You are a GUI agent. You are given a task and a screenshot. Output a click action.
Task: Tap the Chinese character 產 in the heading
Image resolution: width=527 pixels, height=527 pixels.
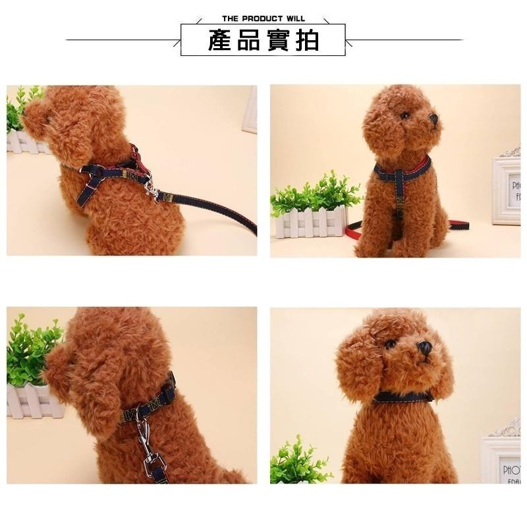[219, 40]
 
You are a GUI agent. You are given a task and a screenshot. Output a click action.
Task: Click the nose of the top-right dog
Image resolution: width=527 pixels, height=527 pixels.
[433, 119]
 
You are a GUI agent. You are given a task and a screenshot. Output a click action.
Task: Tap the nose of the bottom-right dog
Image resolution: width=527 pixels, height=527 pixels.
[425, 347]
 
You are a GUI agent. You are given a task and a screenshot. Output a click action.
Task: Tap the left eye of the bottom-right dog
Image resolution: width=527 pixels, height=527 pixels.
[391, 344]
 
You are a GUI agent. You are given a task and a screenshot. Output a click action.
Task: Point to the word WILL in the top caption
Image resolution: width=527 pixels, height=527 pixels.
[294, 18]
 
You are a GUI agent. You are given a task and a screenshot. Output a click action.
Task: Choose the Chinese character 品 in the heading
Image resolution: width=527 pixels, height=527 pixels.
[249, 40]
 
